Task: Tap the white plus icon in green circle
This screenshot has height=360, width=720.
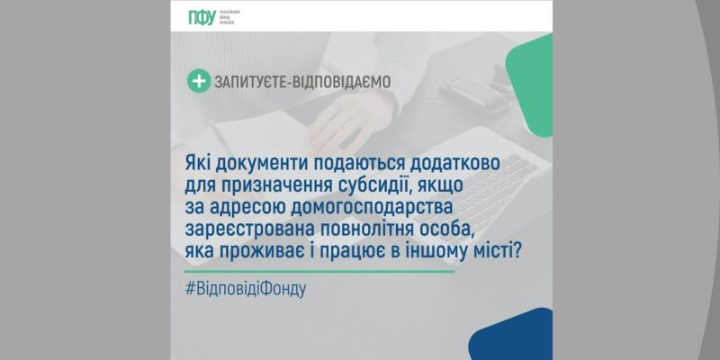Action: coord(197,81)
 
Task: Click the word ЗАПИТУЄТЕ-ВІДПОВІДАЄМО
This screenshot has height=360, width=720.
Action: coord(301,82)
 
